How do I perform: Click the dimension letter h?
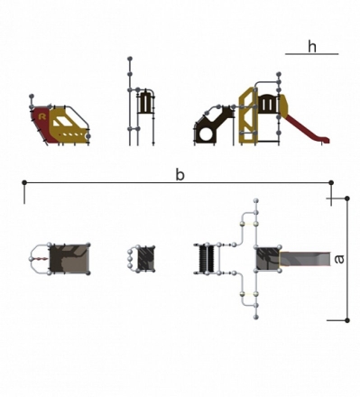312,47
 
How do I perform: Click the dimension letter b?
180,175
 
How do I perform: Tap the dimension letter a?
339,259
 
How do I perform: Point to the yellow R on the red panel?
42,116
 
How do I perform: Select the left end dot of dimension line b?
24,182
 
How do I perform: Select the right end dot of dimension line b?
331,182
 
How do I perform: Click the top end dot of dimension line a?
347,198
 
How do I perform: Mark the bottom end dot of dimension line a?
347,320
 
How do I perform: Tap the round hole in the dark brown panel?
207,134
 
